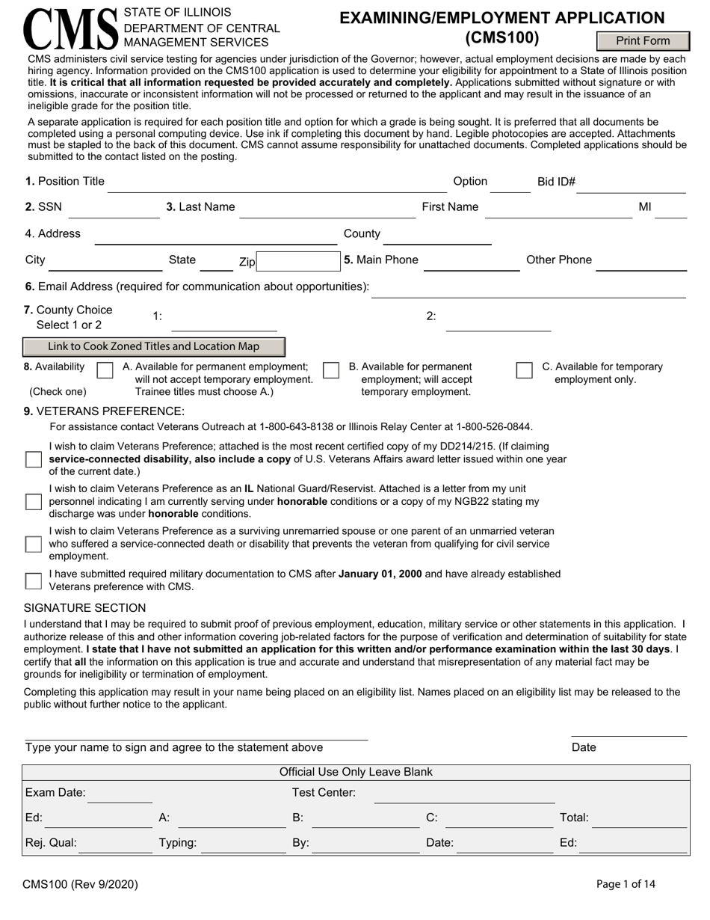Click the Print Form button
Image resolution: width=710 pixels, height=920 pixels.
(x=642, y=41)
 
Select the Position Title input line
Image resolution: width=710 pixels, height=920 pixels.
(x=277, y=183)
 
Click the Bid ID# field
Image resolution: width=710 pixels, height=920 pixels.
(x=632, y=183)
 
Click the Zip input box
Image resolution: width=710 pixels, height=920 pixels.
(x=298, y=261)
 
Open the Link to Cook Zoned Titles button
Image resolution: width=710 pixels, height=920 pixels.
(x=154, y=346)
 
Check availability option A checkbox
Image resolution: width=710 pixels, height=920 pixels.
(x=105, y=370)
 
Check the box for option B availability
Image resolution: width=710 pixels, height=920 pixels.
(x=331, y=370)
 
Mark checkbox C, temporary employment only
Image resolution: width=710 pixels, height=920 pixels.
(x=524, y=370)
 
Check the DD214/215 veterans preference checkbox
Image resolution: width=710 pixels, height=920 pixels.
(x=34, y=459)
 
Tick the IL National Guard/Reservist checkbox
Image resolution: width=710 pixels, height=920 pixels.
(x=34, y=501)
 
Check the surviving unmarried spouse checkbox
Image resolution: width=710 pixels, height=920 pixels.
(x=34, y=544)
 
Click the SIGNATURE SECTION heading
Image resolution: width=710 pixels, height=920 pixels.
(x=85, y=607)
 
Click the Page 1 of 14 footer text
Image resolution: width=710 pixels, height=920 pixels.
(x=626, y=884)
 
